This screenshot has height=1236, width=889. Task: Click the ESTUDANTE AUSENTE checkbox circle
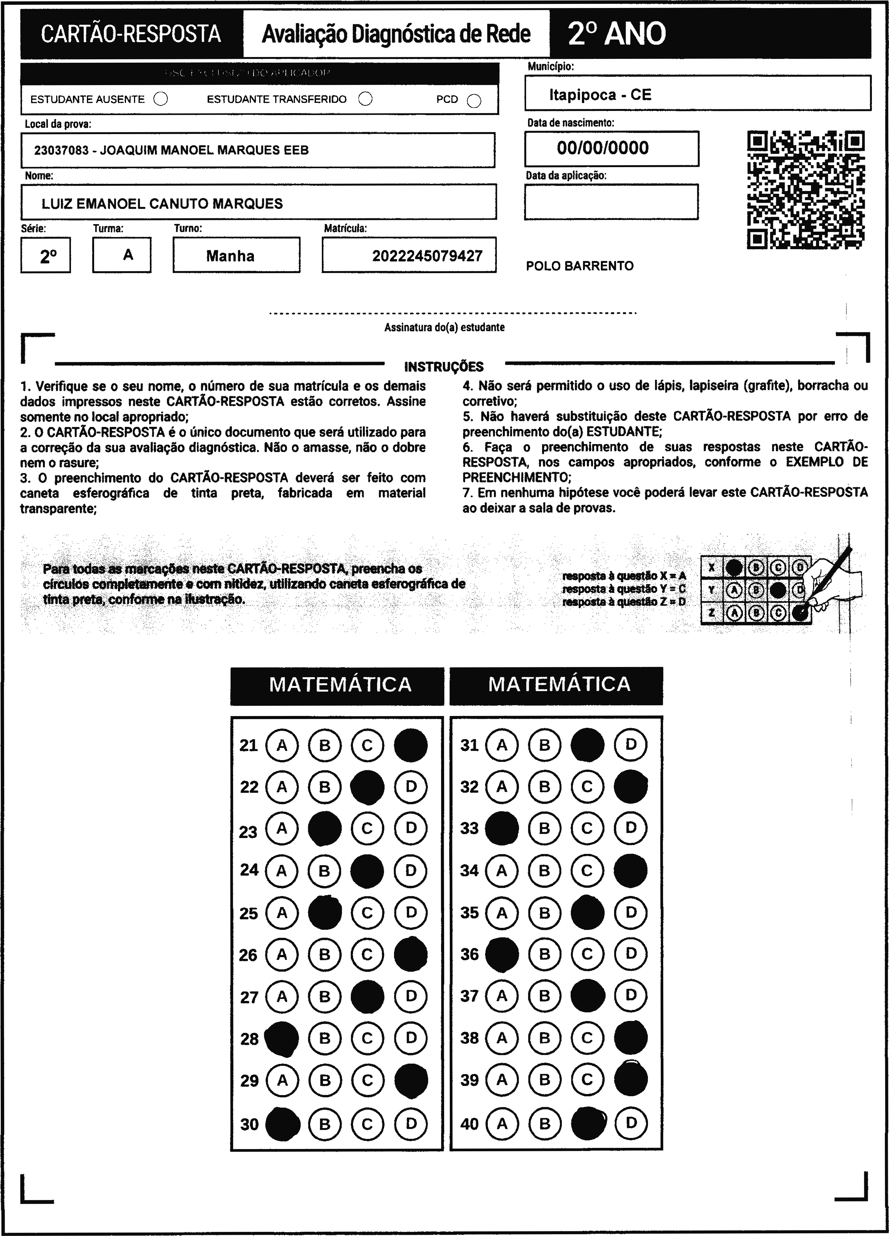click(x=161, y=99)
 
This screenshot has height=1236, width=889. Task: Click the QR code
click(x=805, y=190)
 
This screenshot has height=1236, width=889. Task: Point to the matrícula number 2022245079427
click(x=427, y=256)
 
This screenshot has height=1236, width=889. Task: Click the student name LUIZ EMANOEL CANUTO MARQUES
click(x=162, y=204)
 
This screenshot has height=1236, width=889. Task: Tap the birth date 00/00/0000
click(x=602, y=148)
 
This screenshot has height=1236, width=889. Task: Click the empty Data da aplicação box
click(x=611, y=202)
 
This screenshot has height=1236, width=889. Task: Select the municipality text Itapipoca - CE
click(x=600, y=95)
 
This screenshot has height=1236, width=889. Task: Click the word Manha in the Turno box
click(x=230, y=256)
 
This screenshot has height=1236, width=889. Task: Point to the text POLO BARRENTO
click(x=580, y=266)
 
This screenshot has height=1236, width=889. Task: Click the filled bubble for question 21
click(x=411, y=745)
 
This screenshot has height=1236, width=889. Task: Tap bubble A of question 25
click(x=282, y=912)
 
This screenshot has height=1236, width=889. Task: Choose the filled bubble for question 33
click(x=502, y=828)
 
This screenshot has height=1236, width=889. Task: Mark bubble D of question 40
click(x=631, y=1123)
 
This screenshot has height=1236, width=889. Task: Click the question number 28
click(x=249, y=1039)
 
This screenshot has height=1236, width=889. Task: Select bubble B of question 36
click(x=544, y=954)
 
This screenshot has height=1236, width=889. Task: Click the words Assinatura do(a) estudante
click(x=444, y=327)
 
